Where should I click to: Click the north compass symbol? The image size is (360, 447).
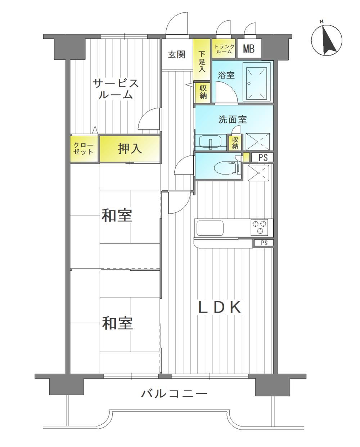point(327,40)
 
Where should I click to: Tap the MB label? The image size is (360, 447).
point(249,49)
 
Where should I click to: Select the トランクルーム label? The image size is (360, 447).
point(224,49)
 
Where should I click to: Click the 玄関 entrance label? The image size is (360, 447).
point(177,55)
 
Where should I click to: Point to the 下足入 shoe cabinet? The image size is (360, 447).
point(201,60)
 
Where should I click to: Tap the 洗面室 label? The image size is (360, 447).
point(233,119)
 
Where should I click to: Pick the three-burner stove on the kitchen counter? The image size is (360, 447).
point(260,227)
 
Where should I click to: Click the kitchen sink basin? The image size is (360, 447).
point(210,228)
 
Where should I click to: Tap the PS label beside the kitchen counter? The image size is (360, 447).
point(264,243)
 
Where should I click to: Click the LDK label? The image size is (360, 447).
point(220,307)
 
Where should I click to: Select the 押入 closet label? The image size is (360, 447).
point(130,149)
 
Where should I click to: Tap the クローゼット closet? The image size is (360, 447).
point(84,149)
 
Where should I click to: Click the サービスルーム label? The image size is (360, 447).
point(116,89)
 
